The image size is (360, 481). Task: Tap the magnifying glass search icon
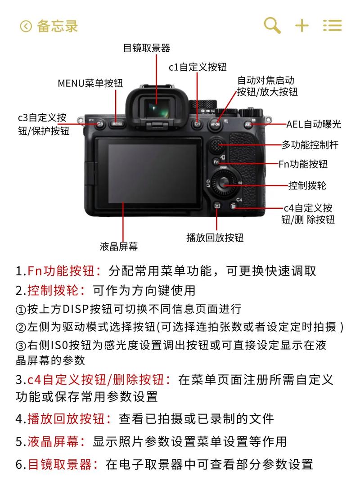(x=272, y=25)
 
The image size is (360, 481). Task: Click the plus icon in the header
(x=302, y=26)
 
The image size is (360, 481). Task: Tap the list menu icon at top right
(x=333, y=26)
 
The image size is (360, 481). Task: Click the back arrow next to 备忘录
(x=26, y=26)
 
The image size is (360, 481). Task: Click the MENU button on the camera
(x=117, y=123)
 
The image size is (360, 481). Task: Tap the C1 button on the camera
(x=197, y=123)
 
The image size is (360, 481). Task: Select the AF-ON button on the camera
(x=215, y=123)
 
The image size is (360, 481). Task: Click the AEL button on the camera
(x=249, y=124)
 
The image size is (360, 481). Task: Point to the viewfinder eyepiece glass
(x=154, y=108)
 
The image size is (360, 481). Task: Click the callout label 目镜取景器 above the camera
(x=147, y=48)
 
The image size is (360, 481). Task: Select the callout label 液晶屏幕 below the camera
(x=119, y=246)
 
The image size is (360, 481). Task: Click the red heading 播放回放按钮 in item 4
(x=69, y=418)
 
